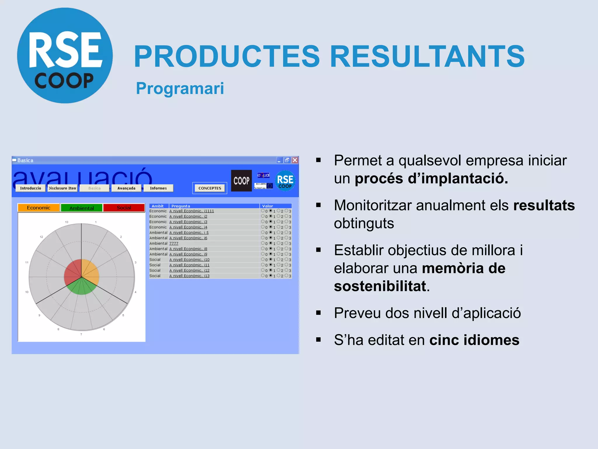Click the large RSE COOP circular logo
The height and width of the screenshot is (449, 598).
click(x=65, y=56)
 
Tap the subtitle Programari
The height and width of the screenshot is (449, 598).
click(x=180, y=88)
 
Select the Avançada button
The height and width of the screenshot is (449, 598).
click(x=126, y=188)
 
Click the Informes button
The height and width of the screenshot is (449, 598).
click(x=158, y=188)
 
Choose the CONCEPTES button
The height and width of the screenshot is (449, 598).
click(x=210, y=188)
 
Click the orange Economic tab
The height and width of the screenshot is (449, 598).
click(x=39, y=208)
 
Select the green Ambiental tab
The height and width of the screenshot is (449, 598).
click(x=81, y=208)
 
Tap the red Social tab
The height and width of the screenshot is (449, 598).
click(x=124, y=208)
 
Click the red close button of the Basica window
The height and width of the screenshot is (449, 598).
click(x=295, y=160)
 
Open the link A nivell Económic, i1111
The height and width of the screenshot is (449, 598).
click(x=192, y=211)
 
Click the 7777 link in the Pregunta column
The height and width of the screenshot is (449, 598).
click(x=174, y=244)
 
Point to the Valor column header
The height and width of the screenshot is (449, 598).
click(x=267, y=206)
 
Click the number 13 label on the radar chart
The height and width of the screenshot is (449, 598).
click(x=67, y=222)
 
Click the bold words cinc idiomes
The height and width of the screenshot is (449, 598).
click(x=474, y=340)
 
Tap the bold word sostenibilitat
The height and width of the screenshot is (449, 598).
click(x=380, y=286)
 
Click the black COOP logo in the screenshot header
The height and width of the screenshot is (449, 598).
click(x=241, y=181)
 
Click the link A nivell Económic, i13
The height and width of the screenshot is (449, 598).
click(x=189, y=276)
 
